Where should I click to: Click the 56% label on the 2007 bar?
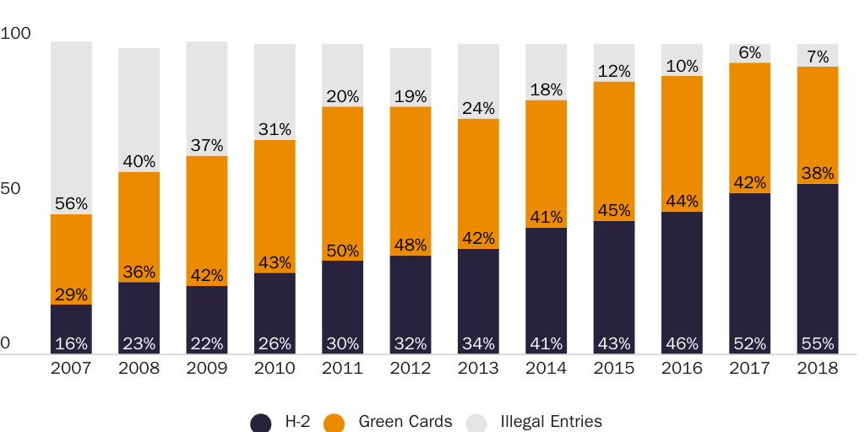(71, 203)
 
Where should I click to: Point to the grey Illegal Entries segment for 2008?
(139, 101)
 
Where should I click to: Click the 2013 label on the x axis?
(478, 369)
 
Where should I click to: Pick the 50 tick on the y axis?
(10, 187)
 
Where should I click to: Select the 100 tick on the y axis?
(15, 34)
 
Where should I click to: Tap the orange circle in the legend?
(335, 423)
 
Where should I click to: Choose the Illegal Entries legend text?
(551, 422)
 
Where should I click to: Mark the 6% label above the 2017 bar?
(750, 52)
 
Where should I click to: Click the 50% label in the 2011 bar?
(342, 251)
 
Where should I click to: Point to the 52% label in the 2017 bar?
(750, 343)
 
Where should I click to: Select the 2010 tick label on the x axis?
(275, 369)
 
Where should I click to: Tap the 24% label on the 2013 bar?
(478, 108)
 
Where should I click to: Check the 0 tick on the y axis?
(5, 343)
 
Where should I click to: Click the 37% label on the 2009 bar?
(207, 145)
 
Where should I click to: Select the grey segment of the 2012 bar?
(411, 72)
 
